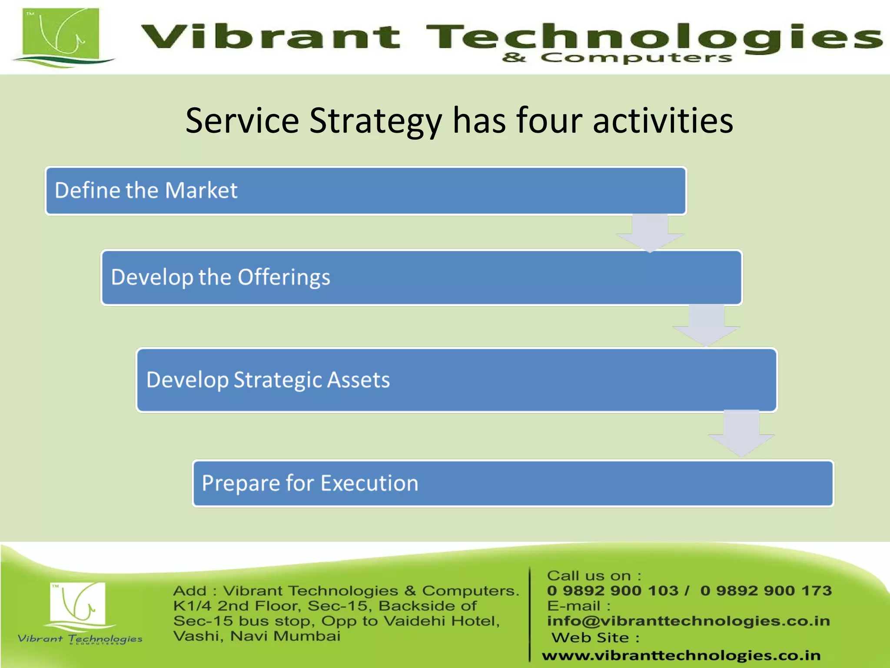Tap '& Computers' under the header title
617,58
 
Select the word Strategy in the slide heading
375,120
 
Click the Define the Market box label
146,190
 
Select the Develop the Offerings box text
220,277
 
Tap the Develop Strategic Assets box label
268,380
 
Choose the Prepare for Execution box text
310,483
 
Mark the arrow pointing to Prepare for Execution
741,433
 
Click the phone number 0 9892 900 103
612,591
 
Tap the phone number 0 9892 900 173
766,591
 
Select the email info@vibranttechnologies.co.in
688,621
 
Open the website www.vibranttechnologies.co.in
681,655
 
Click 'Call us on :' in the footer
594,576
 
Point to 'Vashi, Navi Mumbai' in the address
256,636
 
